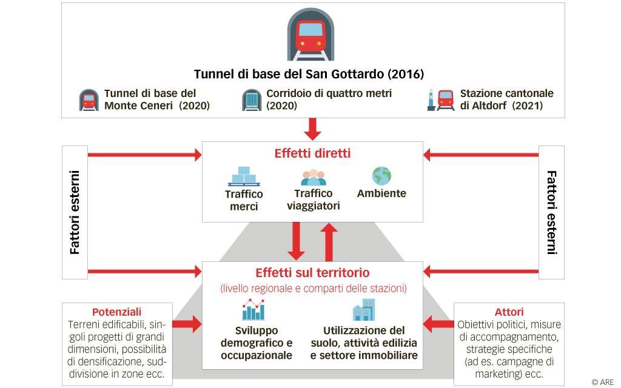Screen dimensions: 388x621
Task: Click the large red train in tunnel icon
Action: click(310, 35)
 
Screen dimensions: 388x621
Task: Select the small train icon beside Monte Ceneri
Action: click(89, 100)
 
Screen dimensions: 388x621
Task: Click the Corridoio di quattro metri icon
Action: click(251, 100)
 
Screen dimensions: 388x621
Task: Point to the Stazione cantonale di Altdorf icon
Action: click(440, 99)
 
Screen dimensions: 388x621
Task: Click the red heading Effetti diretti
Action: click(312, 153)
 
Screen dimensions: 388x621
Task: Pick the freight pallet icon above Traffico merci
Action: click(244, 176)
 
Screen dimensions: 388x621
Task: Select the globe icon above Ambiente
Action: click(381, 176)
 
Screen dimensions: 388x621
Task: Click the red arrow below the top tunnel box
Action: click(313, 129)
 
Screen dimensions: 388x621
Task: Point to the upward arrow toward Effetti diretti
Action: click(328, 240)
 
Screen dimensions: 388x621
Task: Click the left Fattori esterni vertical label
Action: click(75, 212)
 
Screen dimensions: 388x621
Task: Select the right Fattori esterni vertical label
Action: click(551, 212)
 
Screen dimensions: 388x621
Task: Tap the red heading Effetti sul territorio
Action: click(313, 273)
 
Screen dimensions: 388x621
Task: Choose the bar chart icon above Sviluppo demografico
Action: click(253, 310)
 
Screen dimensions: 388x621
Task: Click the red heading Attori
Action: click(509, 312)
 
